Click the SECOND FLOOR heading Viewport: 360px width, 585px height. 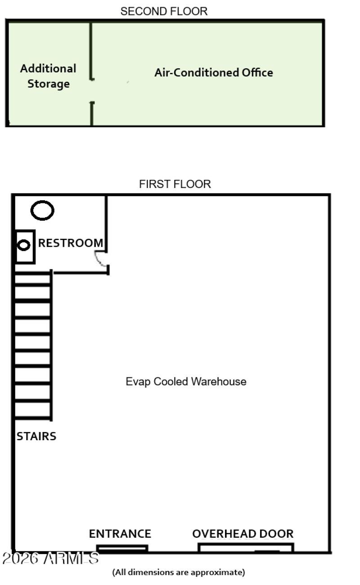(x=164, y=12)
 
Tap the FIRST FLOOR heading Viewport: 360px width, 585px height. (x=175, y=184)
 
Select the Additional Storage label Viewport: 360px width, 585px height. (x=48, y=76)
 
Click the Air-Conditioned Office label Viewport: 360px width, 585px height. (x=213, y=72)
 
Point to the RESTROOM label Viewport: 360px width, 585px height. (x=71, y=243)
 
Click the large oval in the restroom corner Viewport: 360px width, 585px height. (x=42, y=210)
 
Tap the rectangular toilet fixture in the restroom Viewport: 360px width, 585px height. (x=25, y=246)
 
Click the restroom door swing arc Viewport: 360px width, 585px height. (x=101, y=259)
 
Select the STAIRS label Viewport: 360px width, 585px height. (x=36, y=436)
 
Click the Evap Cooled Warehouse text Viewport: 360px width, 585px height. (x=186, y=382)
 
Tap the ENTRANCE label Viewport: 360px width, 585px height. (x=120, y=534)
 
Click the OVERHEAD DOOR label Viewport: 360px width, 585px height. (x=243, y=534)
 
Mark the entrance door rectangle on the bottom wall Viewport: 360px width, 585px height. (x=122, y=549)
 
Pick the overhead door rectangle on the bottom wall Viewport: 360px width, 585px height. (x=246, y=548)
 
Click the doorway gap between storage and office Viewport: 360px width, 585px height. (x=92, y=91)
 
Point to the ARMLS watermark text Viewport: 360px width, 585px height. (x=50, y=558)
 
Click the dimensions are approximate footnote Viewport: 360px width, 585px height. (x=179, y=572)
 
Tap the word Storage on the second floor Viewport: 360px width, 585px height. (x=49, y=84)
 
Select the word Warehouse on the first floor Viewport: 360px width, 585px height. (x=219, y=382)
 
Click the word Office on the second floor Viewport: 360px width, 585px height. (x=257, y=72)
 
